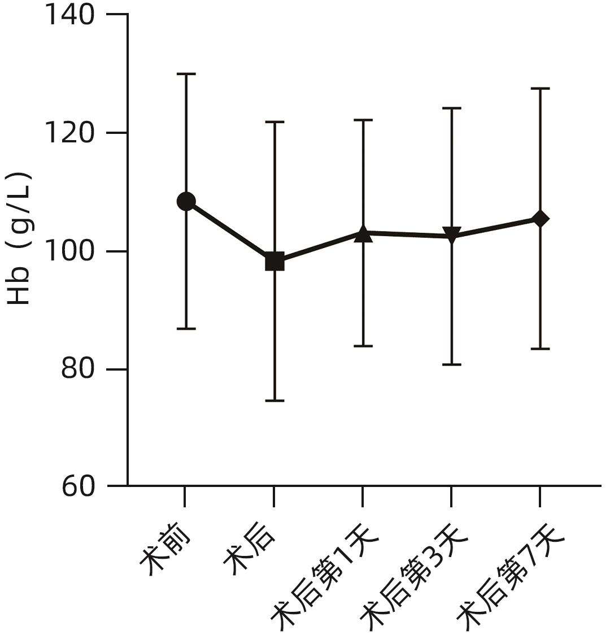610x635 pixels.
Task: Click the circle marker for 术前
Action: click(186, 201)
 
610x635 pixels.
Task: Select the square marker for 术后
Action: click(274, 262)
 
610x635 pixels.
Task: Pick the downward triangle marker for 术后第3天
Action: click(452, 235)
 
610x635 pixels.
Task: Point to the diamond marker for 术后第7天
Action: click(540, 219)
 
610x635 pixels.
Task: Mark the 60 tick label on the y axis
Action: click(78, 486)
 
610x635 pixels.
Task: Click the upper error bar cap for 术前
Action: click(186, 74)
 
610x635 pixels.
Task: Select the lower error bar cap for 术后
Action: click(274, 401)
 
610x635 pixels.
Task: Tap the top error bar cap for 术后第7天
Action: click(540, 89)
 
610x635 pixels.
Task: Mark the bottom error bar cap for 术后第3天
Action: click(452, 364)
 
